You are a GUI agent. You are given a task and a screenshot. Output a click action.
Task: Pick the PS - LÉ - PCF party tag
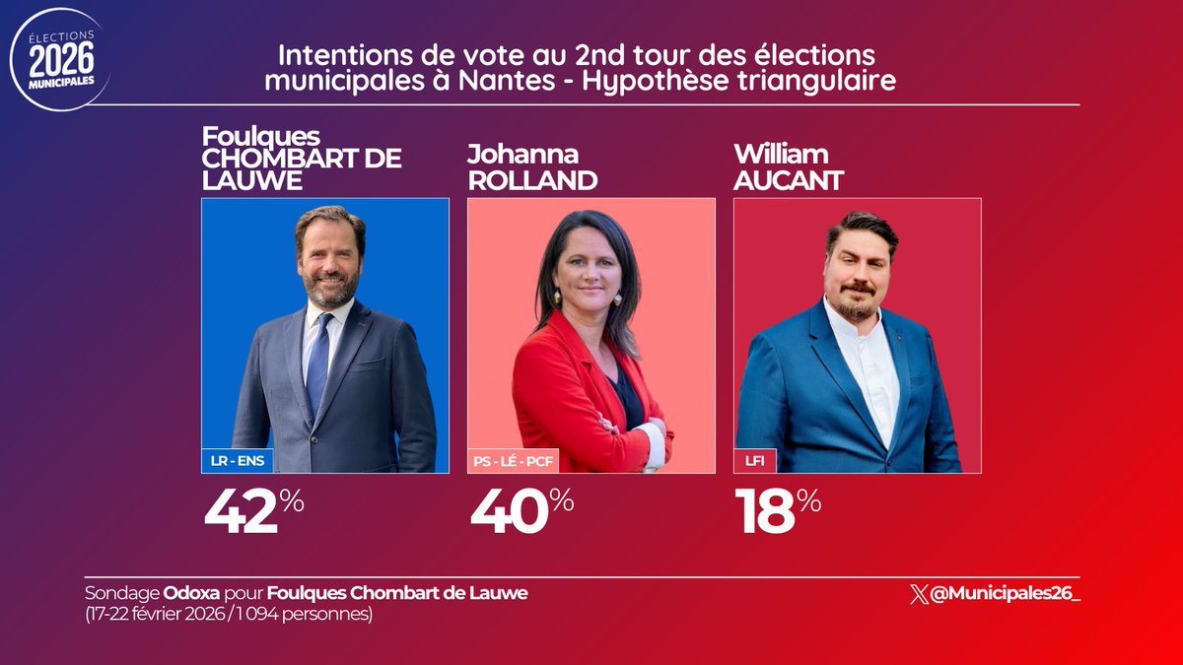(514, 459)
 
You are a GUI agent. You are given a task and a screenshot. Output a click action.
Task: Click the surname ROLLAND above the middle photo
(532, 181)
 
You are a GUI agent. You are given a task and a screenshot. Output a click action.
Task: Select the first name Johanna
(522, 156)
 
